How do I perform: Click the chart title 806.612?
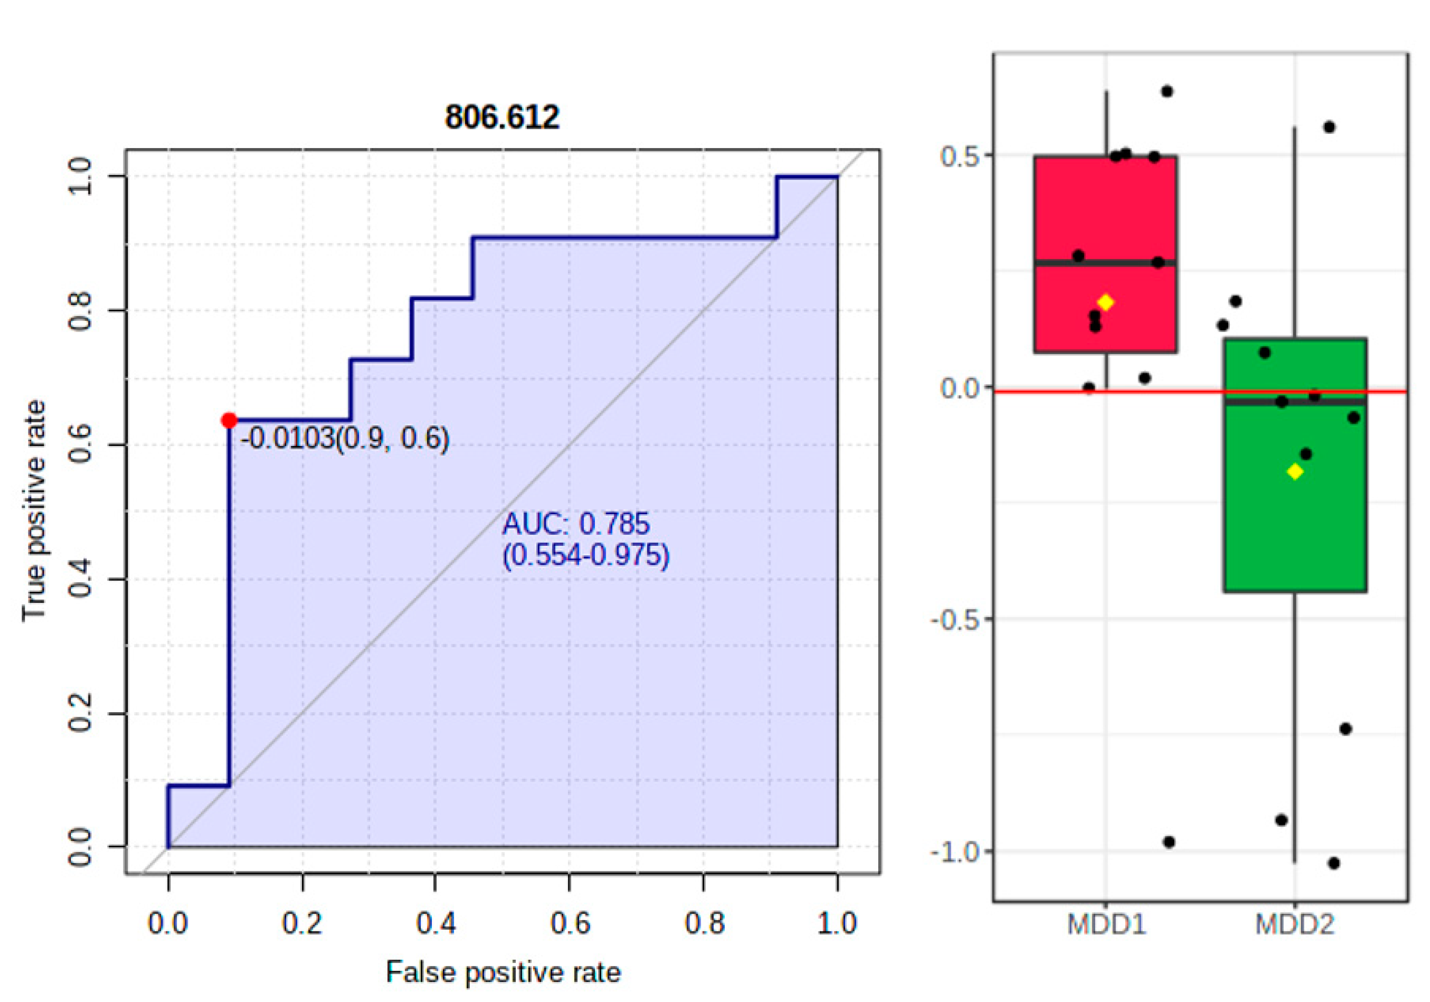coord(502,117)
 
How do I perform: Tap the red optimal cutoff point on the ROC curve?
coord(229,421)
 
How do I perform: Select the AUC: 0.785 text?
coord(576,524)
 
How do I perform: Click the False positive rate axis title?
coord(503,972)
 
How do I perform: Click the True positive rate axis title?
coord(34,511)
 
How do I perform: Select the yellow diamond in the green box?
coord(1295,472)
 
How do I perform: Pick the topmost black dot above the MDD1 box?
coord(1167,91)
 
